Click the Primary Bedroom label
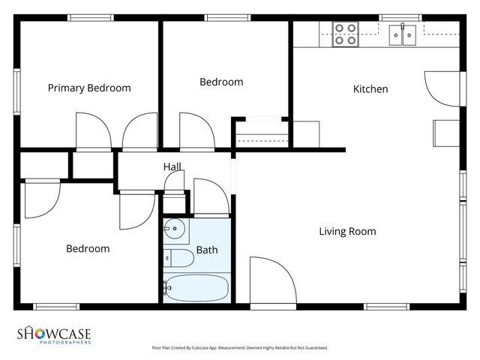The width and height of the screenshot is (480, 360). tap(88, 88)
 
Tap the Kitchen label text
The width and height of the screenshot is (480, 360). tap(370, 89)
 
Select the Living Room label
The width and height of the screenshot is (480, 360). tap(347, 231)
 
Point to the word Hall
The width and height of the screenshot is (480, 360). tap(172, 167)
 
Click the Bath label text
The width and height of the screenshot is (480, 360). tap(207, 250)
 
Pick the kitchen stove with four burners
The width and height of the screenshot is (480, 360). tap(345, 34)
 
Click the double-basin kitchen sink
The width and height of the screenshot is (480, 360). tap(403, 34)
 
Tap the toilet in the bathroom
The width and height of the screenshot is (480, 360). tap(178, 258)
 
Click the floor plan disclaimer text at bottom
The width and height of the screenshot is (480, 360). tap(239, 348)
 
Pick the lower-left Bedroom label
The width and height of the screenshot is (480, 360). tap(87, 248)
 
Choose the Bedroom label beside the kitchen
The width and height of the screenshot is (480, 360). tap(221, 82)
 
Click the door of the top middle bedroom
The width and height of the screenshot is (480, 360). tap(196, 131)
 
